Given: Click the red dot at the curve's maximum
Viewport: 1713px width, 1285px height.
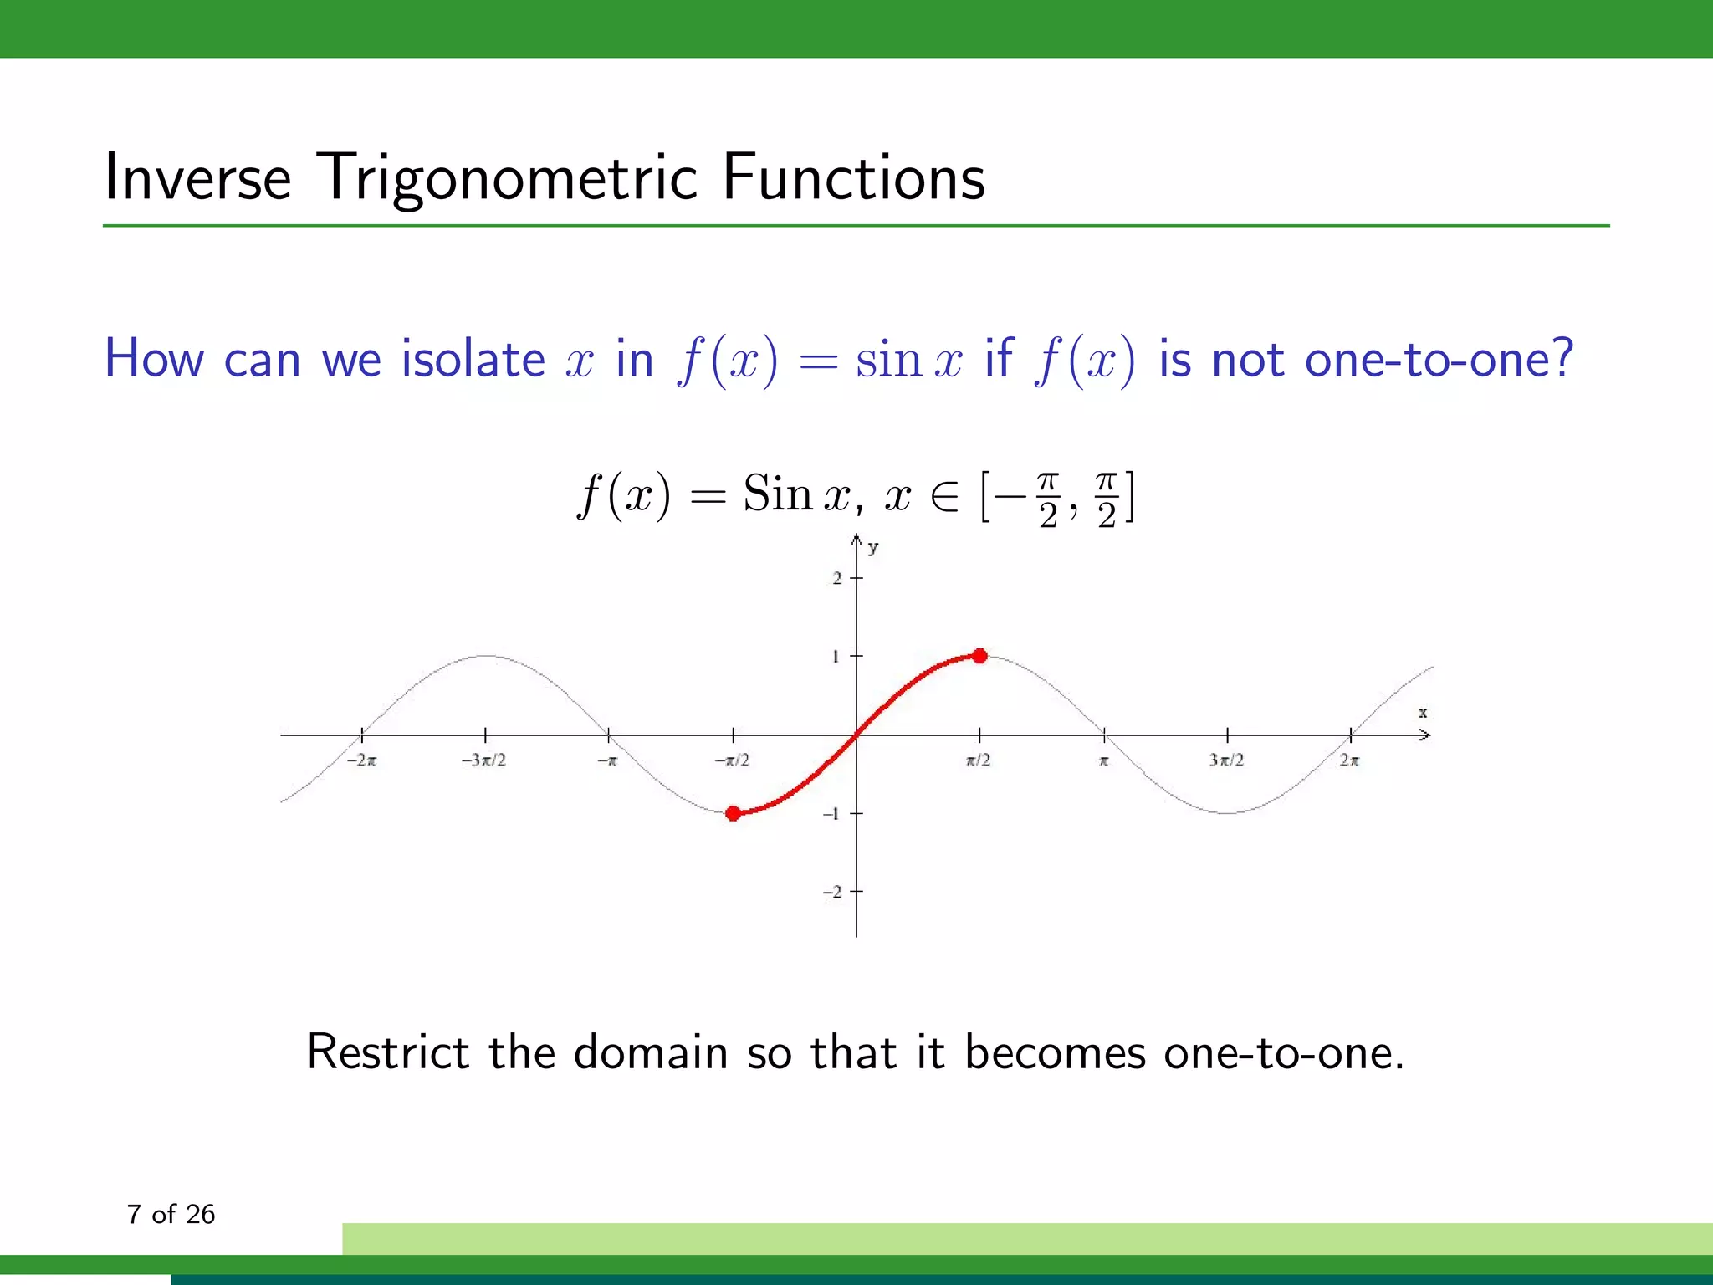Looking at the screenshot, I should tap(979, 656).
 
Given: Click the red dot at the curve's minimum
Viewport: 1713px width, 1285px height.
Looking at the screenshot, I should tap(734, 813).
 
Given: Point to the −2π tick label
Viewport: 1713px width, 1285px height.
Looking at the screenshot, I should tap(361, 760).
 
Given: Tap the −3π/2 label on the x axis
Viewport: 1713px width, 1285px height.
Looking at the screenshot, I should tap(483, 760).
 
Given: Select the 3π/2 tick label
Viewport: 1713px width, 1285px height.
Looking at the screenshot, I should tap(1226, 760).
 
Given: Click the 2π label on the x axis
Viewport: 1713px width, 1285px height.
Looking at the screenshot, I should tap(1349, 760).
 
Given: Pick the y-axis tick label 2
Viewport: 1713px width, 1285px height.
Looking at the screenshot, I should tap(836, 578).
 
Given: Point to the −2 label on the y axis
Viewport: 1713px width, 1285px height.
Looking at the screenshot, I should tap(832, 892).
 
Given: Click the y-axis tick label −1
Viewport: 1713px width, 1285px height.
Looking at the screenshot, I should tap(831, 813).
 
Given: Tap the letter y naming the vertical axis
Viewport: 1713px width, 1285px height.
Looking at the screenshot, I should tap(873, 548).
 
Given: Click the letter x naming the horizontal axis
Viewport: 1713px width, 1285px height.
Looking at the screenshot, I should tap(1423, 713).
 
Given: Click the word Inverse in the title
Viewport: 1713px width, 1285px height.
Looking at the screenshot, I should tap(197, 177).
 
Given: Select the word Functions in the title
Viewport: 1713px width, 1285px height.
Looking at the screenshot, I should tap(853, 177).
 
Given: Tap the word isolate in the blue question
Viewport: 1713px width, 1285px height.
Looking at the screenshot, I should tap(473, 360).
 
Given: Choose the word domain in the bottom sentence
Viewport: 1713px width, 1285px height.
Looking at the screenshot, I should tap(651, 1052).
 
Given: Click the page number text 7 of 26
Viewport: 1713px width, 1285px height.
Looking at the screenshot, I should tap(171, 1214).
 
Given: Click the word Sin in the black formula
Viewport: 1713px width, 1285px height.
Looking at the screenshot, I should tap(778, 494).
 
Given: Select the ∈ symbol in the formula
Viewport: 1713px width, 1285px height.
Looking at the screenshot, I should tap(945, 497).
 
